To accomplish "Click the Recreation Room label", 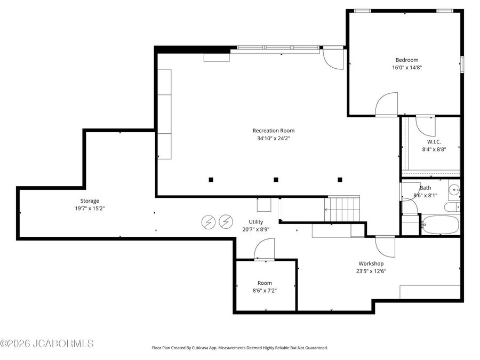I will click(273, 131).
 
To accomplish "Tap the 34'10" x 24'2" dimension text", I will click(273, 138).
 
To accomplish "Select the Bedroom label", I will click(406, 60).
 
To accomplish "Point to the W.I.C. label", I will click(434, 142).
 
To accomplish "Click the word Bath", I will click(426, 188).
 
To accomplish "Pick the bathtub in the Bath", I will click(439, 225).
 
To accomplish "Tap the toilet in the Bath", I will click(452, 207).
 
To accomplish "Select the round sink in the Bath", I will click(454, 189).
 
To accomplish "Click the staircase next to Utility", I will click(342, 209).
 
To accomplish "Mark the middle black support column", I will click(276, 180).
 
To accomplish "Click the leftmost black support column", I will click(211, 180).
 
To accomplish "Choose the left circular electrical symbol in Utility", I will click(208, 221).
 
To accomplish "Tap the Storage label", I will click(90, 201).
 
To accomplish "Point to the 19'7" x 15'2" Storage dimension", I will click(90, 209).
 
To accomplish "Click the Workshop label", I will click(371, 263).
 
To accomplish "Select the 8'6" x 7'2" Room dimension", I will click(265, 291).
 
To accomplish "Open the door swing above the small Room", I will click(265, 250).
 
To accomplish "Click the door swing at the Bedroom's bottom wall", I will click(387, 105).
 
